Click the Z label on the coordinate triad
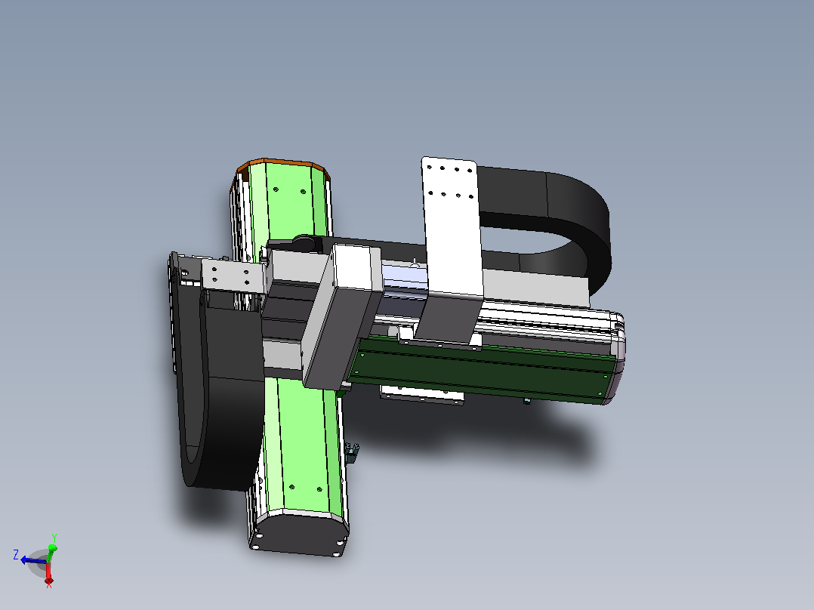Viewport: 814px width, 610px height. (16, 555)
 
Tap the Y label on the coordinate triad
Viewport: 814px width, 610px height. (54, 538)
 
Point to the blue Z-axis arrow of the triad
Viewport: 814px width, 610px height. (34, 561)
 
